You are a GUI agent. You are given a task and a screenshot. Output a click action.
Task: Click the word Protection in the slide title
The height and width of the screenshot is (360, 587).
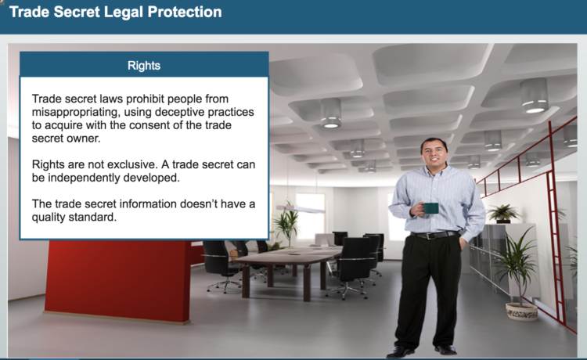(185, 12)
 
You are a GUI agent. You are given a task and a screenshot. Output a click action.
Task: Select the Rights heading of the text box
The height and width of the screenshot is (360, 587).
(144, 66)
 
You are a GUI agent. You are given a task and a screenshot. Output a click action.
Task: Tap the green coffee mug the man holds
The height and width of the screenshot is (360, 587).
(430, 208)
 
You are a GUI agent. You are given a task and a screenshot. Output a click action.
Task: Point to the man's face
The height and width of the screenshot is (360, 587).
(434, 153)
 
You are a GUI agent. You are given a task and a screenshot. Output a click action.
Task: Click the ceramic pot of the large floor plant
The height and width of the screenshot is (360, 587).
(521, 311)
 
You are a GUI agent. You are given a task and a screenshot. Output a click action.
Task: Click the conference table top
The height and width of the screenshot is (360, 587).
(288, 254)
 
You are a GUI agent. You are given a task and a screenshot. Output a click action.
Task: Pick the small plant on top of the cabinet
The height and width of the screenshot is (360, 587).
(502, 214)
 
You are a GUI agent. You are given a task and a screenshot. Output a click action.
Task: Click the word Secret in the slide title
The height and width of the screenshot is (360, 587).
(77, 12)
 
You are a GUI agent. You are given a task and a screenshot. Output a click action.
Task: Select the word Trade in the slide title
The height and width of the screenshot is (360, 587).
(29, 12)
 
